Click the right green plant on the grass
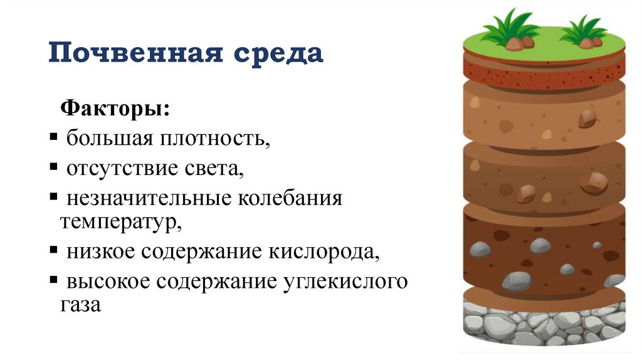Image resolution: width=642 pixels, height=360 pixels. click(x=584, y=32)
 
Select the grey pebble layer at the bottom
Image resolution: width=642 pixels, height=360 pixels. click(x=544, y=324)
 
